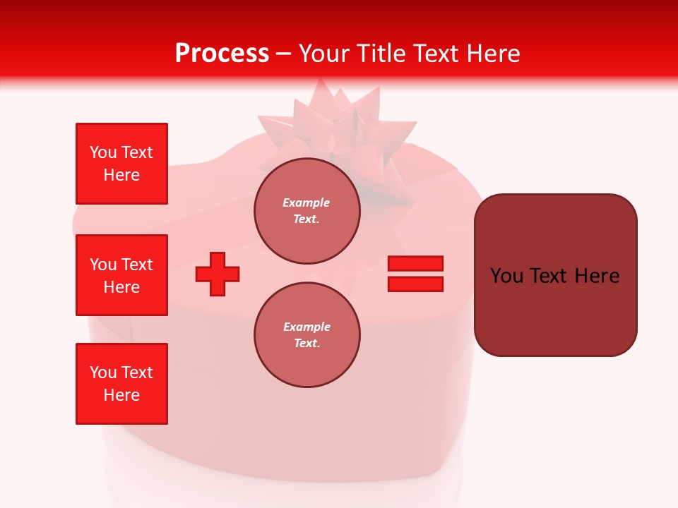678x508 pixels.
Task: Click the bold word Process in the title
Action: (x=222, y=54)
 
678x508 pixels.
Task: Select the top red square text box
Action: (x=121, y=164)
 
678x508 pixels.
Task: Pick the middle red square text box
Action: (x=121, y=275)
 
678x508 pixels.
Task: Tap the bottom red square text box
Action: (x=121, y=384)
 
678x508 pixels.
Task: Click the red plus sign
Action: (x=218, y=274)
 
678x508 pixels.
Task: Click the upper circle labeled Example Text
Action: (x=307, y=211)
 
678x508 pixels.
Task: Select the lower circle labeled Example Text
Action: (x=307, y=335)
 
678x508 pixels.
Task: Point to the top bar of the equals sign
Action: (x=415, y=263)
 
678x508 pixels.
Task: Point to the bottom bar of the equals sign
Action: (x=415, y=284)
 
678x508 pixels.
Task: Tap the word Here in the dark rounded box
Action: (x=597, y=276)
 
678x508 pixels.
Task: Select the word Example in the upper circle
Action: (x=307, y=202)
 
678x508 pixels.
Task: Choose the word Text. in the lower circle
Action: (x=307, y=344)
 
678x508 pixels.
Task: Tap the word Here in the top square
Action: (x=121, y=175)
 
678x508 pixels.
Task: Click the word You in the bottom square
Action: (x=103, y=373)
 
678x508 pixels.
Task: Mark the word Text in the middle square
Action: (x=138, y=265)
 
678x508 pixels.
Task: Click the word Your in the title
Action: (x=326, y=54)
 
